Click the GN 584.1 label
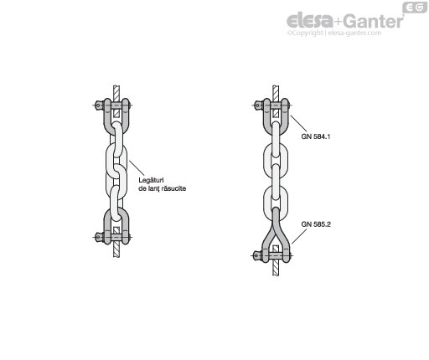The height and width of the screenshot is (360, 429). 316,136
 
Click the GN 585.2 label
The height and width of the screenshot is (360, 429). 316,224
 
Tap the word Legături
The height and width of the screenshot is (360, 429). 151,181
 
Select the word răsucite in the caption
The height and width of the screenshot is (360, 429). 173,188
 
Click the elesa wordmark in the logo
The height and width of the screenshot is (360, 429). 309,20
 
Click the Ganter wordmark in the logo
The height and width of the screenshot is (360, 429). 373,21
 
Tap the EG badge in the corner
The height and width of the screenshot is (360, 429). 415,8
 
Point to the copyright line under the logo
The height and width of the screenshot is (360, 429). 334,33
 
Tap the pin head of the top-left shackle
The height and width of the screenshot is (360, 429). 98,105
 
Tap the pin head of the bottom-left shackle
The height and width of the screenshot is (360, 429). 98,237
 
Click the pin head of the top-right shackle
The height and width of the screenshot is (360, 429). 258,105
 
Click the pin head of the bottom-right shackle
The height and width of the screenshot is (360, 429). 256,255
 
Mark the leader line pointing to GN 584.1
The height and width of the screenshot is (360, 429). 299,124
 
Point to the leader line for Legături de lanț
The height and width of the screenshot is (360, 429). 137,167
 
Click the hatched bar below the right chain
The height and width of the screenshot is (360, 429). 276,269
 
